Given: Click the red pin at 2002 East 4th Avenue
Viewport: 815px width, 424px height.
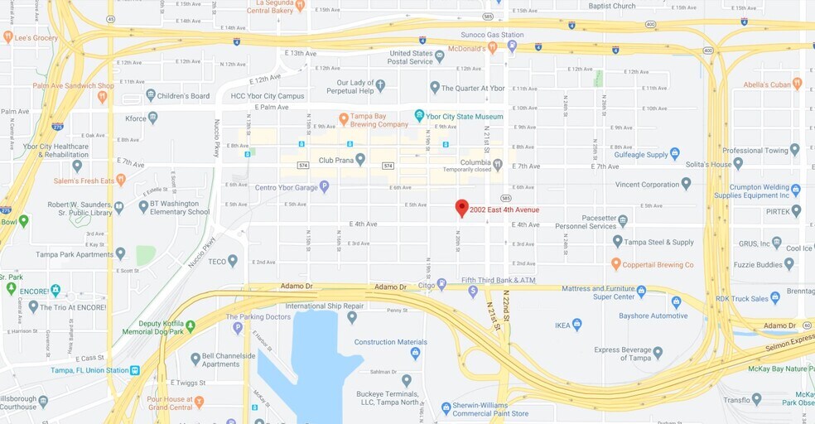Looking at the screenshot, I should click(462, 208).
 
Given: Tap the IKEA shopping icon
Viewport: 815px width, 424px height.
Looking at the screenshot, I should click(577, 325).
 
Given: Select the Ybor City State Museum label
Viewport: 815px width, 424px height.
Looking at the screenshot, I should click(464, 116).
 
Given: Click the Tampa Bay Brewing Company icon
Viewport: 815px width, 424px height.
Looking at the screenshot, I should click(344, 119).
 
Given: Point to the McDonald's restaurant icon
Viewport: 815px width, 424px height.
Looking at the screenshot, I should click(492, 47).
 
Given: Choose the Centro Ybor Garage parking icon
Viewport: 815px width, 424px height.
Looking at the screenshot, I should click(324, 187).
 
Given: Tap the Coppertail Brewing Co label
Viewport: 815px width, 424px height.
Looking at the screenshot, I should click(658, 265).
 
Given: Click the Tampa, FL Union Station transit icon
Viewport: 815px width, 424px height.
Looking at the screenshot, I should click(135, 370).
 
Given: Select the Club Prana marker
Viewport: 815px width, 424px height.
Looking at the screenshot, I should click(360, 160).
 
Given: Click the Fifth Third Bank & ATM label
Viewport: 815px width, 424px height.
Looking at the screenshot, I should click(498, 281).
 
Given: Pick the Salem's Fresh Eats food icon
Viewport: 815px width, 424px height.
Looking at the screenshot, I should click(121, 179).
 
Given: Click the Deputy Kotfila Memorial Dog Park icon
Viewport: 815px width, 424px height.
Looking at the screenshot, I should click(190, 326).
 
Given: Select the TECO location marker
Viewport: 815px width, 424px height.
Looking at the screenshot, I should click(233, 261).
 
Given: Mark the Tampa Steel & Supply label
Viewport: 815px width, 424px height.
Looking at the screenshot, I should click(659, 242).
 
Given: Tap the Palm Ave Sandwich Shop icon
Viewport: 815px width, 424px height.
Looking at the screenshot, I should click(103, 96).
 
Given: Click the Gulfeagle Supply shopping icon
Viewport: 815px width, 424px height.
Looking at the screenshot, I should click(675, 154).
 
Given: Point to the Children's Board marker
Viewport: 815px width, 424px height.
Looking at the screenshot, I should click(151, 96).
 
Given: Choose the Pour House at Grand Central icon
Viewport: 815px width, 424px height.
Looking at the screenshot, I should click(199, 402).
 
